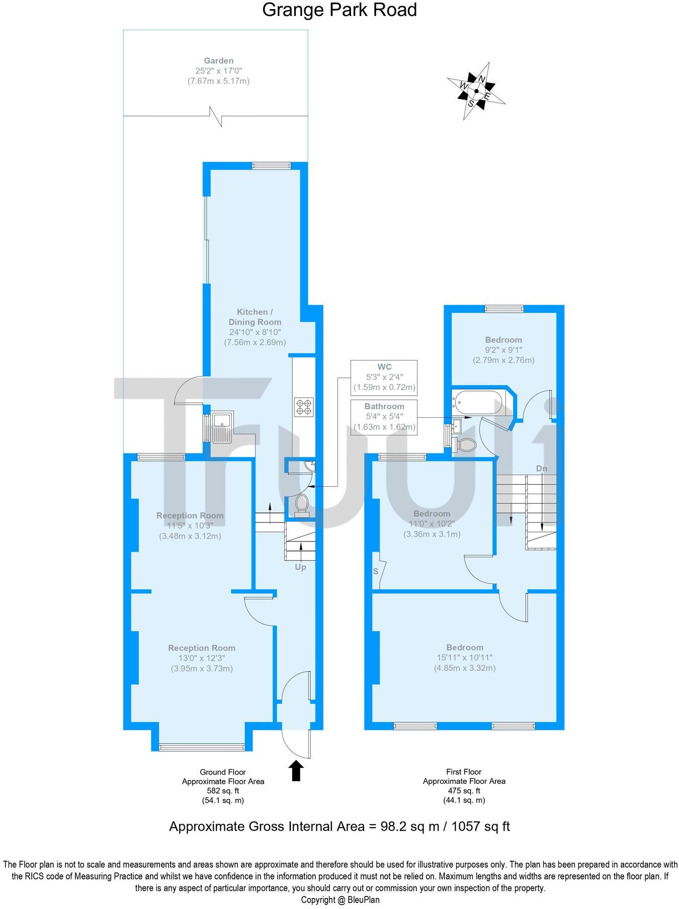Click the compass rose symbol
476,91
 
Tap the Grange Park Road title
339,10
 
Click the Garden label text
218,61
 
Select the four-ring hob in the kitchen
304,407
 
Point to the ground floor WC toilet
302,504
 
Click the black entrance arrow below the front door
296,771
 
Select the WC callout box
384,377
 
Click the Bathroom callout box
384,417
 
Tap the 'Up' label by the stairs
300,567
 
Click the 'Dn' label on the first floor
541,469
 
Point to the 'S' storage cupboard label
376,572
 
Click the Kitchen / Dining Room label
254,317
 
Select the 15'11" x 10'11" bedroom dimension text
464,658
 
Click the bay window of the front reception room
202,747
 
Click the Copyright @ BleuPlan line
340,900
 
